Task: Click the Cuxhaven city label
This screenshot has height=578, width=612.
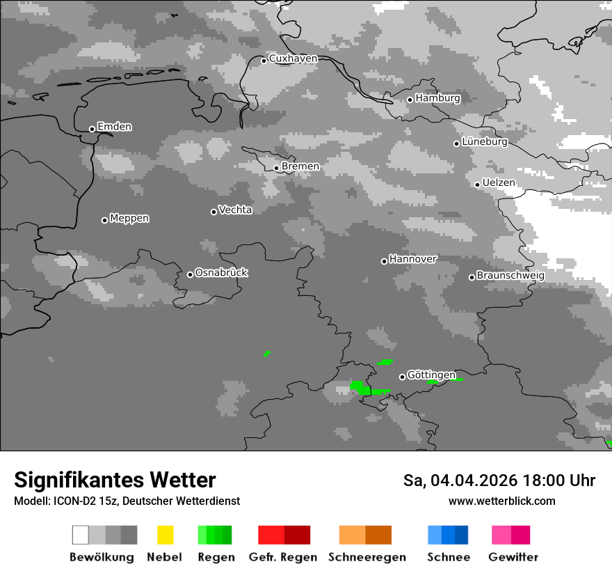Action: [x=293, y=58]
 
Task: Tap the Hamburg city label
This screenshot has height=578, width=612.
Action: [x=437, y=98]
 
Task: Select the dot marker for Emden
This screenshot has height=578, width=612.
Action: [x=92, y=129]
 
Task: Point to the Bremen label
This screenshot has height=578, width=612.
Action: [x=300, y=166]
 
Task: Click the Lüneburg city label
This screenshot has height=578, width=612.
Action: [x=485, y=142]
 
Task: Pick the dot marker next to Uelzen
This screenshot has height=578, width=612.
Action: [x=477, y=185]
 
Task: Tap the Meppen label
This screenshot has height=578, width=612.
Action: [x=129, y=218]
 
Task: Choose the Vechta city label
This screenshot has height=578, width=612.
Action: [x=235, y=210]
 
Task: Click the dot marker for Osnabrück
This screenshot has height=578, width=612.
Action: [x=190, y=274]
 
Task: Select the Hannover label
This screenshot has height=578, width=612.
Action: [x=412, y=259]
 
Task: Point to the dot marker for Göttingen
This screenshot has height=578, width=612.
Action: [x=402, y=377]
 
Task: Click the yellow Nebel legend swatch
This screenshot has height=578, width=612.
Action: [x=165, y=535]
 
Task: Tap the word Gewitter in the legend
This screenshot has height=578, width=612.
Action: [x=513, y=557]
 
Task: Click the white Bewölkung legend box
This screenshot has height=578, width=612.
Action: [x=80, y=535]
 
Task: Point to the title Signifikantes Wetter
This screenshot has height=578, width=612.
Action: [x=115, y=480]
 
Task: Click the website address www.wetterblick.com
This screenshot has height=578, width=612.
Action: [x=501, y=501]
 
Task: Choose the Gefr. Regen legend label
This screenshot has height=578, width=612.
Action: [x=283, y=557]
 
